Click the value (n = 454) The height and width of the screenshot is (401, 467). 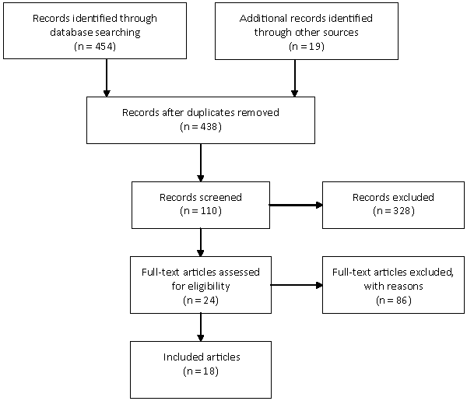[x=95, y=46]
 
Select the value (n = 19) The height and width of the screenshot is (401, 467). [x=307, y=46]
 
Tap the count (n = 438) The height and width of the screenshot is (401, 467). [x=201, y=127]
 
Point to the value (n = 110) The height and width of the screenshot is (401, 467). [x=201, y=211]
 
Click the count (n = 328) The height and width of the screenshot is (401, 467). [x=393, y=211]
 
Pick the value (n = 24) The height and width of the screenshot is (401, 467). [x=201, y=301]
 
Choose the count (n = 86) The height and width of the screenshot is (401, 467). [x=393, y=301]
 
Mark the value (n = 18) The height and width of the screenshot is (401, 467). [x=201, y=371]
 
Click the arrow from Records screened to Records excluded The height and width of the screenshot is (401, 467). [x=296, y=205]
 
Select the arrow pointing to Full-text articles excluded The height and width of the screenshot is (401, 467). [x=297, y=285]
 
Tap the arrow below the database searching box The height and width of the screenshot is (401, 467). [x=107, y=78]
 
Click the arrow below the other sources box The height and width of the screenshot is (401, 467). [x=294, y=78]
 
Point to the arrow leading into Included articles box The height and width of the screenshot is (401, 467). [x=201, y=327]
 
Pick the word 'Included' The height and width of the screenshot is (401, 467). [x=177, y=357]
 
